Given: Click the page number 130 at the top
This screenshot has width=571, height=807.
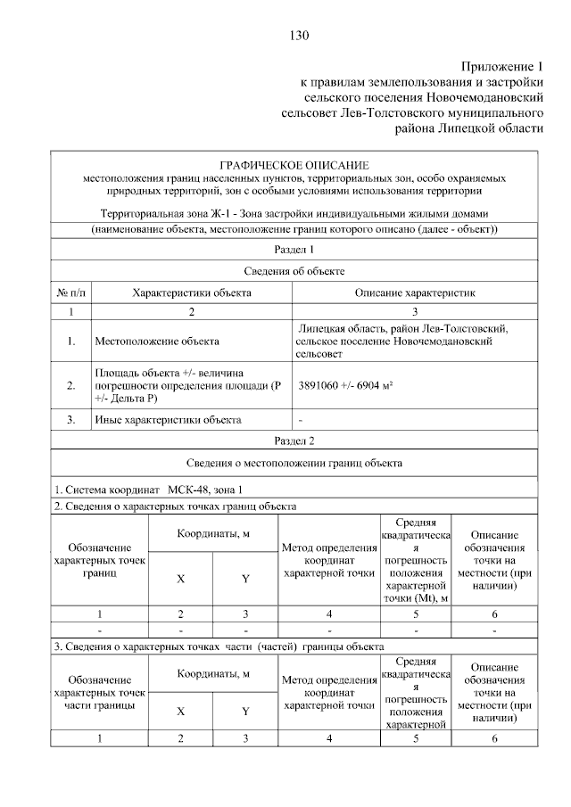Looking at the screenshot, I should click(298, 36).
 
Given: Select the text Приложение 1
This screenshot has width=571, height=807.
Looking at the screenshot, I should click(501, 67).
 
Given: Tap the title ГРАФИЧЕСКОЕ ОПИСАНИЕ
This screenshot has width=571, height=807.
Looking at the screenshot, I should click(294, 165).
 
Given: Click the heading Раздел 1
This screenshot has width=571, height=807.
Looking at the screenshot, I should click(294, 250).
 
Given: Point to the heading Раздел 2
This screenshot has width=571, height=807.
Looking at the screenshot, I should click(294, 441).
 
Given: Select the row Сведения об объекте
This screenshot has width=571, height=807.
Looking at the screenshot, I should click(294, 270).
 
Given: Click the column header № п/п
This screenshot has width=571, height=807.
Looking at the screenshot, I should click(70, 292).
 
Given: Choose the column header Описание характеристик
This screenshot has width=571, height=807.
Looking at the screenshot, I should click(415, 292).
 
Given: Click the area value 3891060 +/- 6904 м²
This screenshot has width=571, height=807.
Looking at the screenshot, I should click(348, 385).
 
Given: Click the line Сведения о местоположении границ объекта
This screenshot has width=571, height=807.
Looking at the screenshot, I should click(294, 464).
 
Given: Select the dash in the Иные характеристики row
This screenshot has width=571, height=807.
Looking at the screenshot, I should click(301, 419).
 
